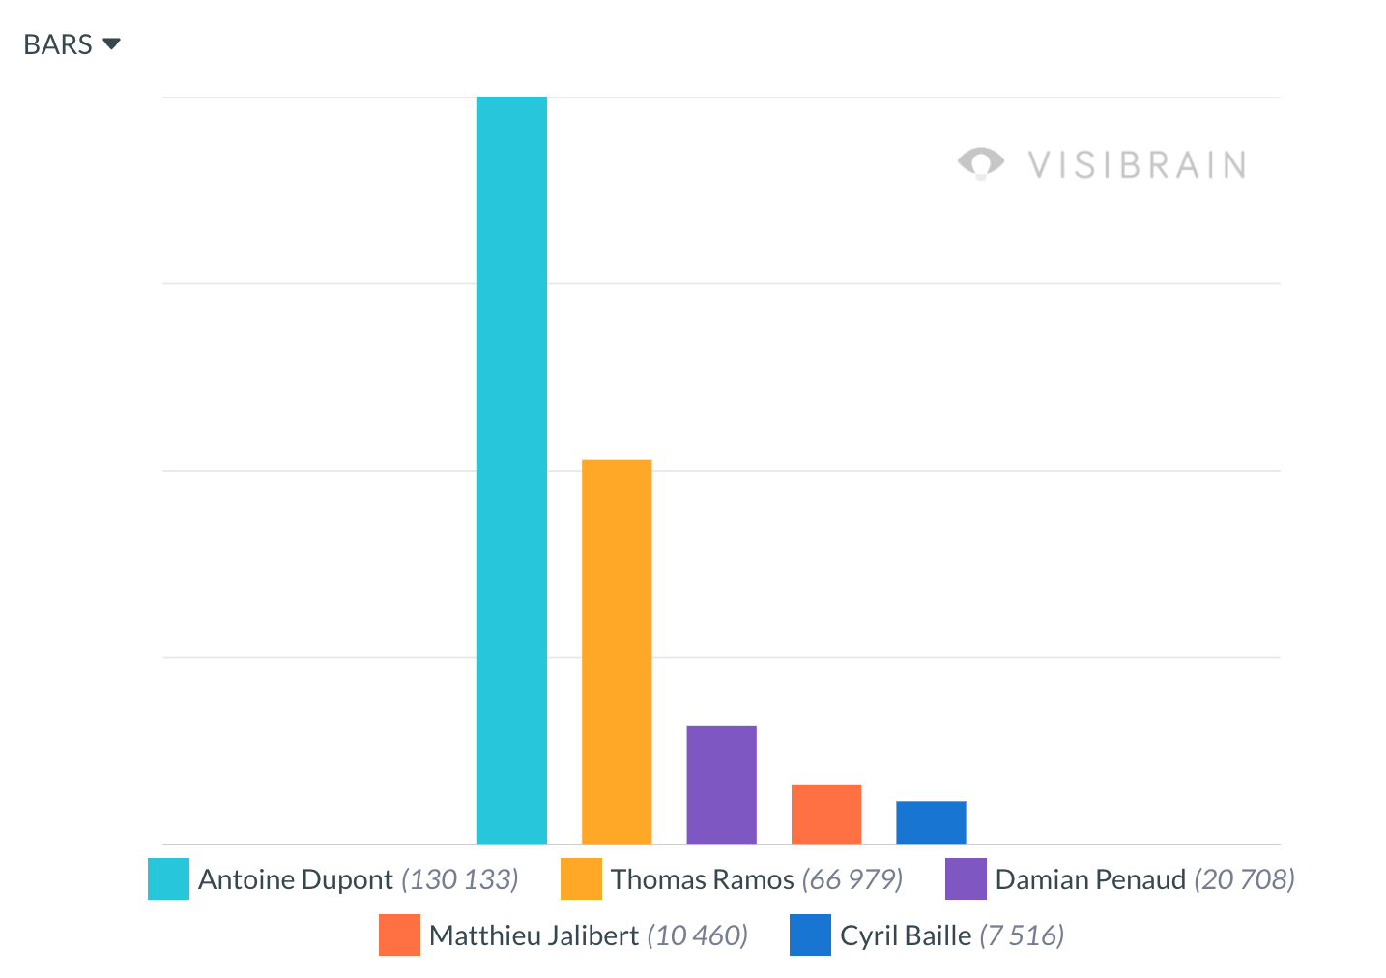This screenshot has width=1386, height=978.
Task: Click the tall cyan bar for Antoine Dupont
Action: pos(511,470)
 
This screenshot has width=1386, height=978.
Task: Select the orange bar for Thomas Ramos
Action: pos(617,651)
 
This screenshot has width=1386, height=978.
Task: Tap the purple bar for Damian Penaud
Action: pos(721,784)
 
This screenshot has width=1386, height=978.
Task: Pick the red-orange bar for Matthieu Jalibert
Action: pos(825,814)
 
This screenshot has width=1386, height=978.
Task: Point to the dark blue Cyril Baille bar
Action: pos(931,822)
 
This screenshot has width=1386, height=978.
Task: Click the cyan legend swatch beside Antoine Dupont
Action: pos(168,878)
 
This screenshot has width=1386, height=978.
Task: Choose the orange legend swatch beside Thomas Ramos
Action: pos(581,878)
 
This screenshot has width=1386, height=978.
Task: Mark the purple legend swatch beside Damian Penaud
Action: pos(966,878)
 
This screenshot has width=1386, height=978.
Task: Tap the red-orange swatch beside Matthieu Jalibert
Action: pos(399,935)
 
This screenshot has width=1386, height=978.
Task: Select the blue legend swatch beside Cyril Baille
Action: pos(810,935)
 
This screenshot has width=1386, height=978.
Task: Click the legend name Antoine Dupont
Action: pos(295,879)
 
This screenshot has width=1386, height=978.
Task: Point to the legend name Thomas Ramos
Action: pos(702,879)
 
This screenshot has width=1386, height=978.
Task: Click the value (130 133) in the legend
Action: pos(460,879)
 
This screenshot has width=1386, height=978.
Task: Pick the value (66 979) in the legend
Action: pos(852,879)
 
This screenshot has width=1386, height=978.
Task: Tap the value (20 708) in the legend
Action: pos(1244,879)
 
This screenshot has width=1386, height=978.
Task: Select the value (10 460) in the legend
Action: pos(697,935)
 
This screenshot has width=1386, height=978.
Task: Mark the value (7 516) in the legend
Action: pos(1022,935)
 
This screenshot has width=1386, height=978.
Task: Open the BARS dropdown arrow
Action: pos(111,43)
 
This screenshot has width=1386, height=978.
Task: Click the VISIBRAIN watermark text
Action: pos(1137,165)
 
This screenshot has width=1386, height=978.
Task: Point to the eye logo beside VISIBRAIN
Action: pos(980,163)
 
